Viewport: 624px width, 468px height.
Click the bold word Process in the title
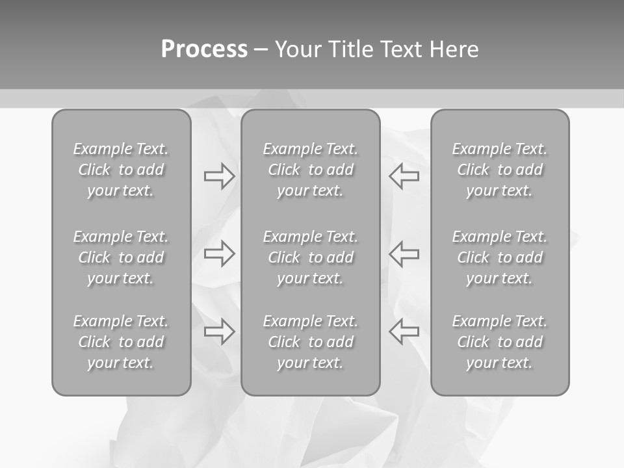[x=204, y=49]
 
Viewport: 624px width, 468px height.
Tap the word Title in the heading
[x=350, y=49]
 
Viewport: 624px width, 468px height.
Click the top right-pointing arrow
[x=219, y=176]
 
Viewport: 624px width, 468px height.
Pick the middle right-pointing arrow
[x=219, y=253]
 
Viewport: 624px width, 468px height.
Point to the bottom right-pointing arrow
[x=219, y=331]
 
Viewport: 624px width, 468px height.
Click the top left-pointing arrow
[x=404, y=176]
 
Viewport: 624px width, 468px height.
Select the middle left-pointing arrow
[x=404, y=253]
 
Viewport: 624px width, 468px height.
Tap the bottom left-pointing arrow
[x=404, y=331]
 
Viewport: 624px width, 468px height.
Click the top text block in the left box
[x=121, y=170]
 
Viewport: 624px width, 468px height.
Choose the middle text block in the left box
[x=121, y=257]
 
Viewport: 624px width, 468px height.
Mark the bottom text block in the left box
[x=121, y=342]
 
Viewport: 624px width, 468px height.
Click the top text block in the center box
[x=310, y=170]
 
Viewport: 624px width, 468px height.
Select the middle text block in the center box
[x=310, y=257]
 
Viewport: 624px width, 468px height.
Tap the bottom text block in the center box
[x=310, y=342]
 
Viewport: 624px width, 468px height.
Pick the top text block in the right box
[x=499, y=170]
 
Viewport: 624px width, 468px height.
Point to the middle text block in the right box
[x=499, y=257]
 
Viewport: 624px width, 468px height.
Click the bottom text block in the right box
[x=499, y=342]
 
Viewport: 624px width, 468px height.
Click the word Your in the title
[x=298, y=49]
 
